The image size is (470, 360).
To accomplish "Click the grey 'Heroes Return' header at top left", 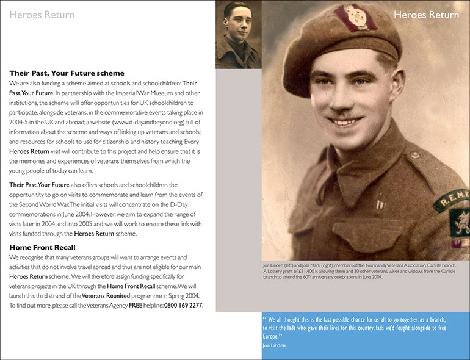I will [x=42, y=15].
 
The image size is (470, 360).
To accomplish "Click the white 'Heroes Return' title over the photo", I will [x=426, y=15].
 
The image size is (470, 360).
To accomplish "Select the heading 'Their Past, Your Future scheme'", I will [x=67, y=73].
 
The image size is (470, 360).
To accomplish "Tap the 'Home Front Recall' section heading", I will [x=42, y=247].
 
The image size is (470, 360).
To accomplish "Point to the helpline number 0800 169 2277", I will [x=183, y=305].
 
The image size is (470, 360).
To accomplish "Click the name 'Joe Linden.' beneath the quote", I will [x=274, y=346].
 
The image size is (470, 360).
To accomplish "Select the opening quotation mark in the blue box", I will [x=265, y=319].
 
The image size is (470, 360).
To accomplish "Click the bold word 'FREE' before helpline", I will [x=136, y=305].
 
